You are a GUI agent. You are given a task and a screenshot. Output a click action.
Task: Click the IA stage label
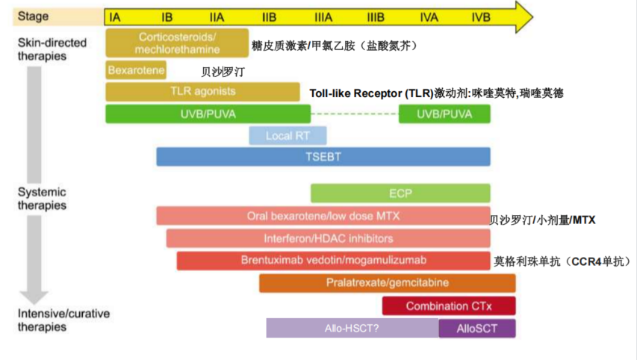coord(115,16)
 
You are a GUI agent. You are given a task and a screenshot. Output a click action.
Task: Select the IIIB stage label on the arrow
coord(376,16)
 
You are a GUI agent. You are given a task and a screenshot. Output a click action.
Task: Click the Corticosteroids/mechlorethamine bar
coord(177,43)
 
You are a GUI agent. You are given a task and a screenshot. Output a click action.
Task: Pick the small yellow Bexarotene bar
coord(135,70)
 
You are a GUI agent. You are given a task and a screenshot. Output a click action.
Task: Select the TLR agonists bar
coord(202,92)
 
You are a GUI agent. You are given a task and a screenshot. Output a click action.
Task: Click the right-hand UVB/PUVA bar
coord(444,114)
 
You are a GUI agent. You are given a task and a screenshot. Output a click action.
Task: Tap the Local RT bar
coord(288,136)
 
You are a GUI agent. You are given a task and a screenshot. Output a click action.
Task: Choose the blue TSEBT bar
coord(323,156)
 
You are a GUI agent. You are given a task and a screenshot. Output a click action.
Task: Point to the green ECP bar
coord(400,193)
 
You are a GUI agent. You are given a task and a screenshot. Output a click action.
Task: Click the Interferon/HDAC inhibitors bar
coord(328,238)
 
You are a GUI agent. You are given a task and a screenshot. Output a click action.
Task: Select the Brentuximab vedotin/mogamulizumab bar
coord(333,260)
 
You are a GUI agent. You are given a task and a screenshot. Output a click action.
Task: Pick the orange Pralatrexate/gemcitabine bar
coord(387,283)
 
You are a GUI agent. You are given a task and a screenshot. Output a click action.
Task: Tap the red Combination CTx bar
coord(448,305)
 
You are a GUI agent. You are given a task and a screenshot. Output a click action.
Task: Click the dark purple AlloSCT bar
coord(476,328)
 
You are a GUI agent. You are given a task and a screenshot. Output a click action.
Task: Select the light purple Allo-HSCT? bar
coord(352,328)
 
